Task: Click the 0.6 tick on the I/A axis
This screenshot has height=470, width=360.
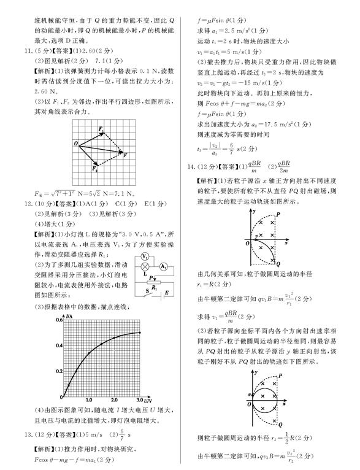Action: click(59, 320)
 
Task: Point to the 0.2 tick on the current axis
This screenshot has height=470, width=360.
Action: click(59, 371)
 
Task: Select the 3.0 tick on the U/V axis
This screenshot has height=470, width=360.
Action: click(140, 399)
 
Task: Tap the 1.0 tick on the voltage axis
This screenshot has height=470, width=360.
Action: click(88, 399)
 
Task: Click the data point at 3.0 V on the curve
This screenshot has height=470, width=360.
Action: click(140, 333)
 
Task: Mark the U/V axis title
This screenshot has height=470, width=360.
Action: click(149, 399)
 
